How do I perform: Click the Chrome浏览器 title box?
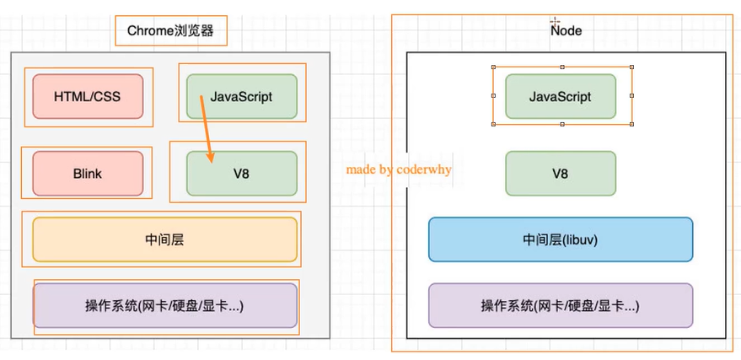point(171,32)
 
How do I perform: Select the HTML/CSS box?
point(88,96)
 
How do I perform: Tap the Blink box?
point(88,174)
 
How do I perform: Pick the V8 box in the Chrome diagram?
point(242,174)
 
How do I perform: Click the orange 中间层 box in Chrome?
point(165,239)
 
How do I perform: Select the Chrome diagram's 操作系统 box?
point(165,305)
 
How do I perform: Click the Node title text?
point(566,31)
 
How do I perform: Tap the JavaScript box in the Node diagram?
point(561,96)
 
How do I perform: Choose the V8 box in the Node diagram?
point(561,174)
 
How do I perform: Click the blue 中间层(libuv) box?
point(561,239)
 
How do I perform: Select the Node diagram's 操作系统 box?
point(561,305)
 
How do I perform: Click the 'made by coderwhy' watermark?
point(399,169)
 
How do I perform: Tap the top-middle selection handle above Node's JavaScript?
point(562,67)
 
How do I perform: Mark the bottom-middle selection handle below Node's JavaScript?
point(562,125)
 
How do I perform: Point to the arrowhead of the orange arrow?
point(211,158)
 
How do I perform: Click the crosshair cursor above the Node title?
point(555,20)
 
